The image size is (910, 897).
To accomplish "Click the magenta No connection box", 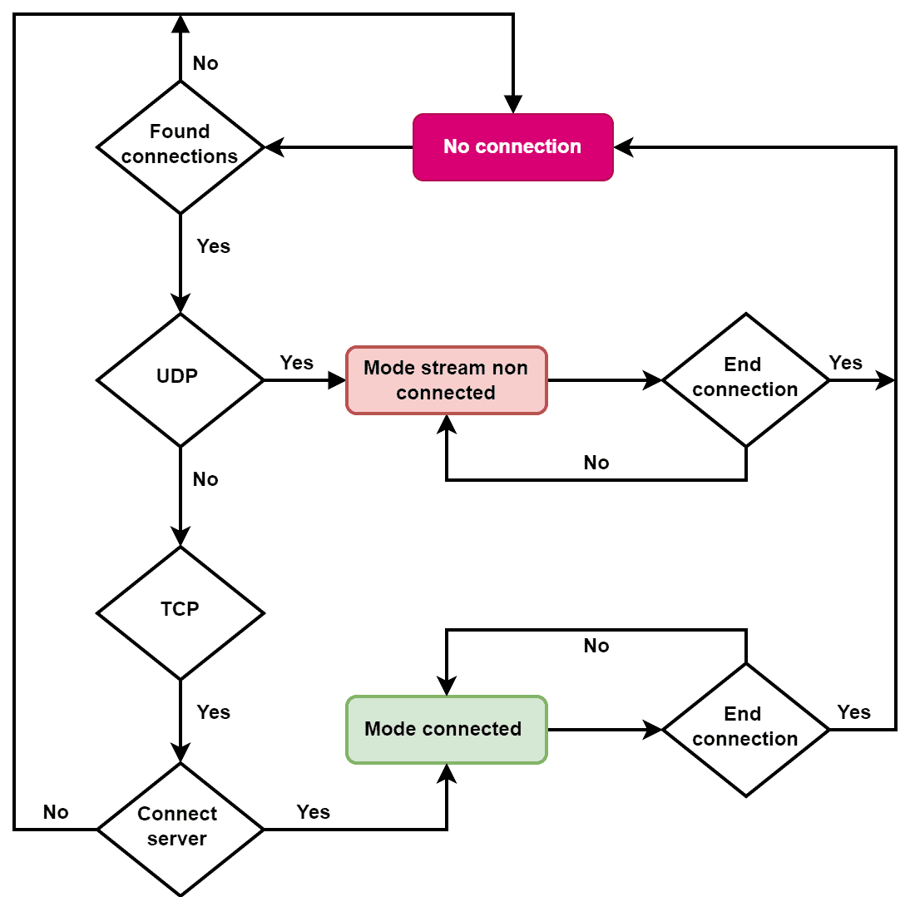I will coord(512,147).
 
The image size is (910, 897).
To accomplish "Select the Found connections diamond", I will coord(181,146).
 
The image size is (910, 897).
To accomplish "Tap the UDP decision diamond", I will coord(181,379).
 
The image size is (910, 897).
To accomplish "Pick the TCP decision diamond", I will coord(181,612).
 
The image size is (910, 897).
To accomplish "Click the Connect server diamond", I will coord(181,828).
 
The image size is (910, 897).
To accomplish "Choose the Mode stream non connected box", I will coord(446,380).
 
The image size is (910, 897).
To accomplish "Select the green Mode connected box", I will coord(446,729).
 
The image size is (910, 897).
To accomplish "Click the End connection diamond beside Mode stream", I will coord(745,379).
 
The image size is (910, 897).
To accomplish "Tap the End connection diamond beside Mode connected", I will coord(745,729).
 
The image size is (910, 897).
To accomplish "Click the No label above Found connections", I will coord(205,63).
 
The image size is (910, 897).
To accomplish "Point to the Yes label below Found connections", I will coord(213,246).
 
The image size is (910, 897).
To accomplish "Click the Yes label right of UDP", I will coord(296,363).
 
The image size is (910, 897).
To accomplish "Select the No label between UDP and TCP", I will coord(205,479).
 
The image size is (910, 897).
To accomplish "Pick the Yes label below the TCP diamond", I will coord(213,712).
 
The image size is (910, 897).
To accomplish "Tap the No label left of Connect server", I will coord(56,812).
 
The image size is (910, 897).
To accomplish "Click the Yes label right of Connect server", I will coord(313,812).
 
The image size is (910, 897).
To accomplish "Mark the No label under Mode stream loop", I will coord(596,463).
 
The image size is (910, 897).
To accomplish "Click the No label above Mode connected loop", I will coord(596,646).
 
